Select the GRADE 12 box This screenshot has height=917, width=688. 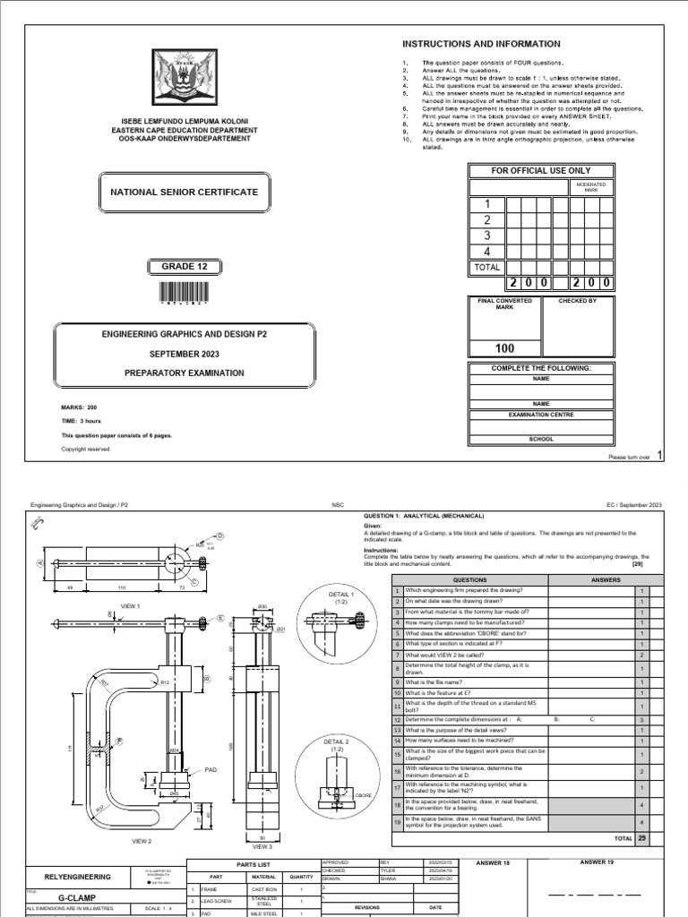(184, 266)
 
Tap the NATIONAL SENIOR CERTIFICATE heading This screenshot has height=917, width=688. (184, 192)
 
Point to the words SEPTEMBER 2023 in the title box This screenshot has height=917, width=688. (184, 353)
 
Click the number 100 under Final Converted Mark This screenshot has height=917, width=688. (503, 348)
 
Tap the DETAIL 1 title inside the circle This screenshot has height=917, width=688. (340, 595)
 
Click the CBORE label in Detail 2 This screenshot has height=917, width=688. (363, 795)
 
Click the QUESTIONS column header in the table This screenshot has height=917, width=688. (469, 579)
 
